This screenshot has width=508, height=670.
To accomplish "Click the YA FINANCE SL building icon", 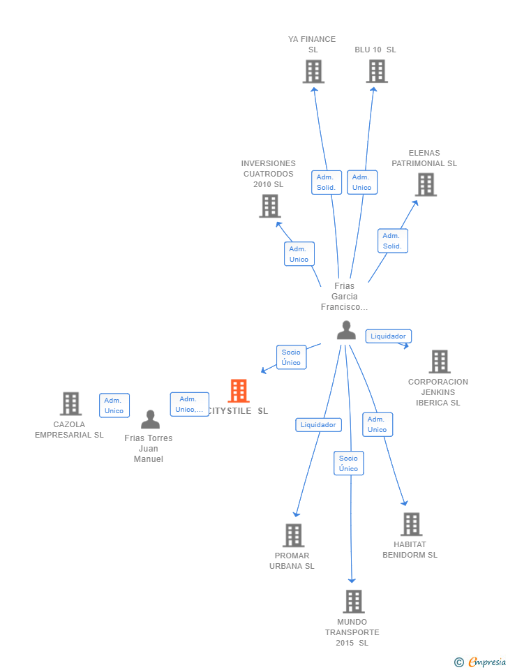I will [313, 72].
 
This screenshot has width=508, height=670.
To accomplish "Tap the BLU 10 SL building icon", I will [377, 72].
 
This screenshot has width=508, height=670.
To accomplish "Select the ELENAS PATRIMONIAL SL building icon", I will [426, 185].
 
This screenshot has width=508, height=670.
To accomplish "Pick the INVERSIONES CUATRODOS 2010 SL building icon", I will [270, 207].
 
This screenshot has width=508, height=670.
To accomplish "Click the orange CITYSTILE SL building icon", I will [239, 392].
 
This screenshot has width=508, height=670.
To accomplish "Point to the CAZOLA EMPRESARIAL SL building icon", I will [70, 404].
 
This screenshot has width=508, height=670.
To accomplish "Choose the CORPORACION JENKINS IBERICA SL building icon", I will [439, 362].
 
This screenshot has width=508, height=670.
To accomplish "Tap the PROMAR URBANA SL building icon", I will [293, 536].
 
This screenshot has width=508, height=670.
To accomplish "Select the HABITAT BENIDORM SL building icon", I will [411, 525].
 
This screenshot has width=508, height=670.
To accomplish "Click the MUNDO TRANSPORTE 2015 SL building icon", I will [353, 602].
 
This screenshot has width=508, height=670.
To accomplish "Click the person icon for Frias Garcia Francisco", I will [346, 330].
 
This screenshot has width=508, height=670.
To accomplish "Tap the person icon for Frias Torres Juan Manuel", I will [150, 419].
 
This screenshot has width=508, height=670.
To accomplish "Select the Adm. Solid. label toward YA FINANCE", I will [326, 182].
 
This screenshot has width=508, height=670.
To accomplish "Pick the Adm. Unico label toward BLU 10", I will [361, 182].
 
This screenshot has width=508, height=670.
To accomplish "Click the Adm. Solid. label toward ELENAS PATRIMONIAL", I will [392, 241].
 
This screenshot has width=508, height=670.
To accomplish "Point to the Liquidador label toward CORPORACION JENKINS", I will [388, 336].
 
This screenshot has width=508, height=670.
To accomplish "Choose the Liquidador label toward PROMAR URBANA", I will [318, 424].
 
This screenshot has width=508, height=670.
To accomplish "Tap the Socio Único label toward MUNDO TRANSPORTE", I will [348, 463].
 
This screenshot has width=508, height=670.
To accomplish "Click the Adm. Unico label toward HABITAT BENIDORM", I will [377, 424].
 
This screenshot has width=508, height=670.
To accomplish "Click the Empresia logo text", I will [486, 662].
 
